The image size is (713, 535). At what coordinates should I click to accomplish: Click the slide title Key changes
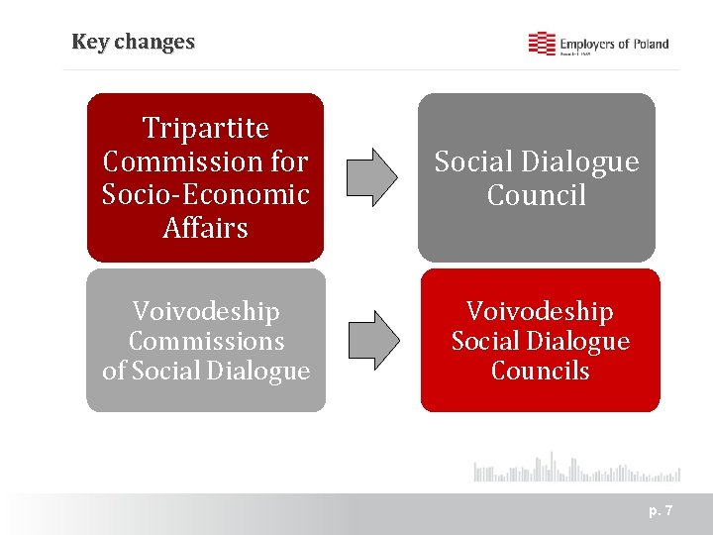point(133,43)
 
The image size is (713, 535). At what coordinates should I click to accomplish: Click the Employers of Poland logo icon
point(541,44)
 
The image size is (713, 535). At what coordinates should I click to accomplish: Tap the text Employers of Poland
point(614,44)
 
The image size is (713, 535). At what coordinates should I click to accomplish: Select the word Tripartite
point(206,128)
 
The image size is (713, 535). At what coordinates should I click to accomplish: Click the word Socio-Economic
point(206,194)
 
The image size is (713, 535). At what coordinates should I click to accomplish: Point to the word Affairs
point(206,228)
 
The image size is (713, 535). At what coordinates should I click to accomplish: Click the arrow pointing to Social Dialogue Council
point(371,177)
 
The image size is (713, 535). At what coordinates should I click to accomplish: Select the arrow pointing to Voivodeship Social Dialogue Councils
point(371,339)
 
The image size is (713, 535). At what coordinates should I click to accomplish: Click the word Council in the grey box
point(537,195)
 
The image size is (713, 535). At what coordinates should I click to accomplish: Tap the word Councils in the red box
point(540,372)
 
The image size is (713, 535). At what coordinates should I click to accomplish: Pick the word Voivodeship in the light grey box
point(206,311)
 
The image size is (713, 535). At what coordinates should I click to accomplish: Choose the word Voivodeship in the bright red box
point(540,311)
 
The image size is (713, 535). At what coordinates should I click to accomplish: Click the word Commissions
point(206,342)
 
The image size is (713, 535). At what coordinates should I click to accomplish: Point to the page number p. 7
point(661,511)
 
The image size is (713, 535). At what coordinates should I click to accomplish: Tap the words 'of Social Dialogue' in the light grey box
point(206,372)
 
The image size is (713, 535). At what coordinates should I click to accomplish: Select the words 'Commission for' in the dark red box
point(206,161)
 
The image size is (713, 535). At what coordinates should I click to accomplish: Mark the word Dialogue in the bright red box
point(579,342)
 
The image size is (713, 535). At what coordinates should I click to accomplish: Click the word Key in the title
point(90,43)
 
